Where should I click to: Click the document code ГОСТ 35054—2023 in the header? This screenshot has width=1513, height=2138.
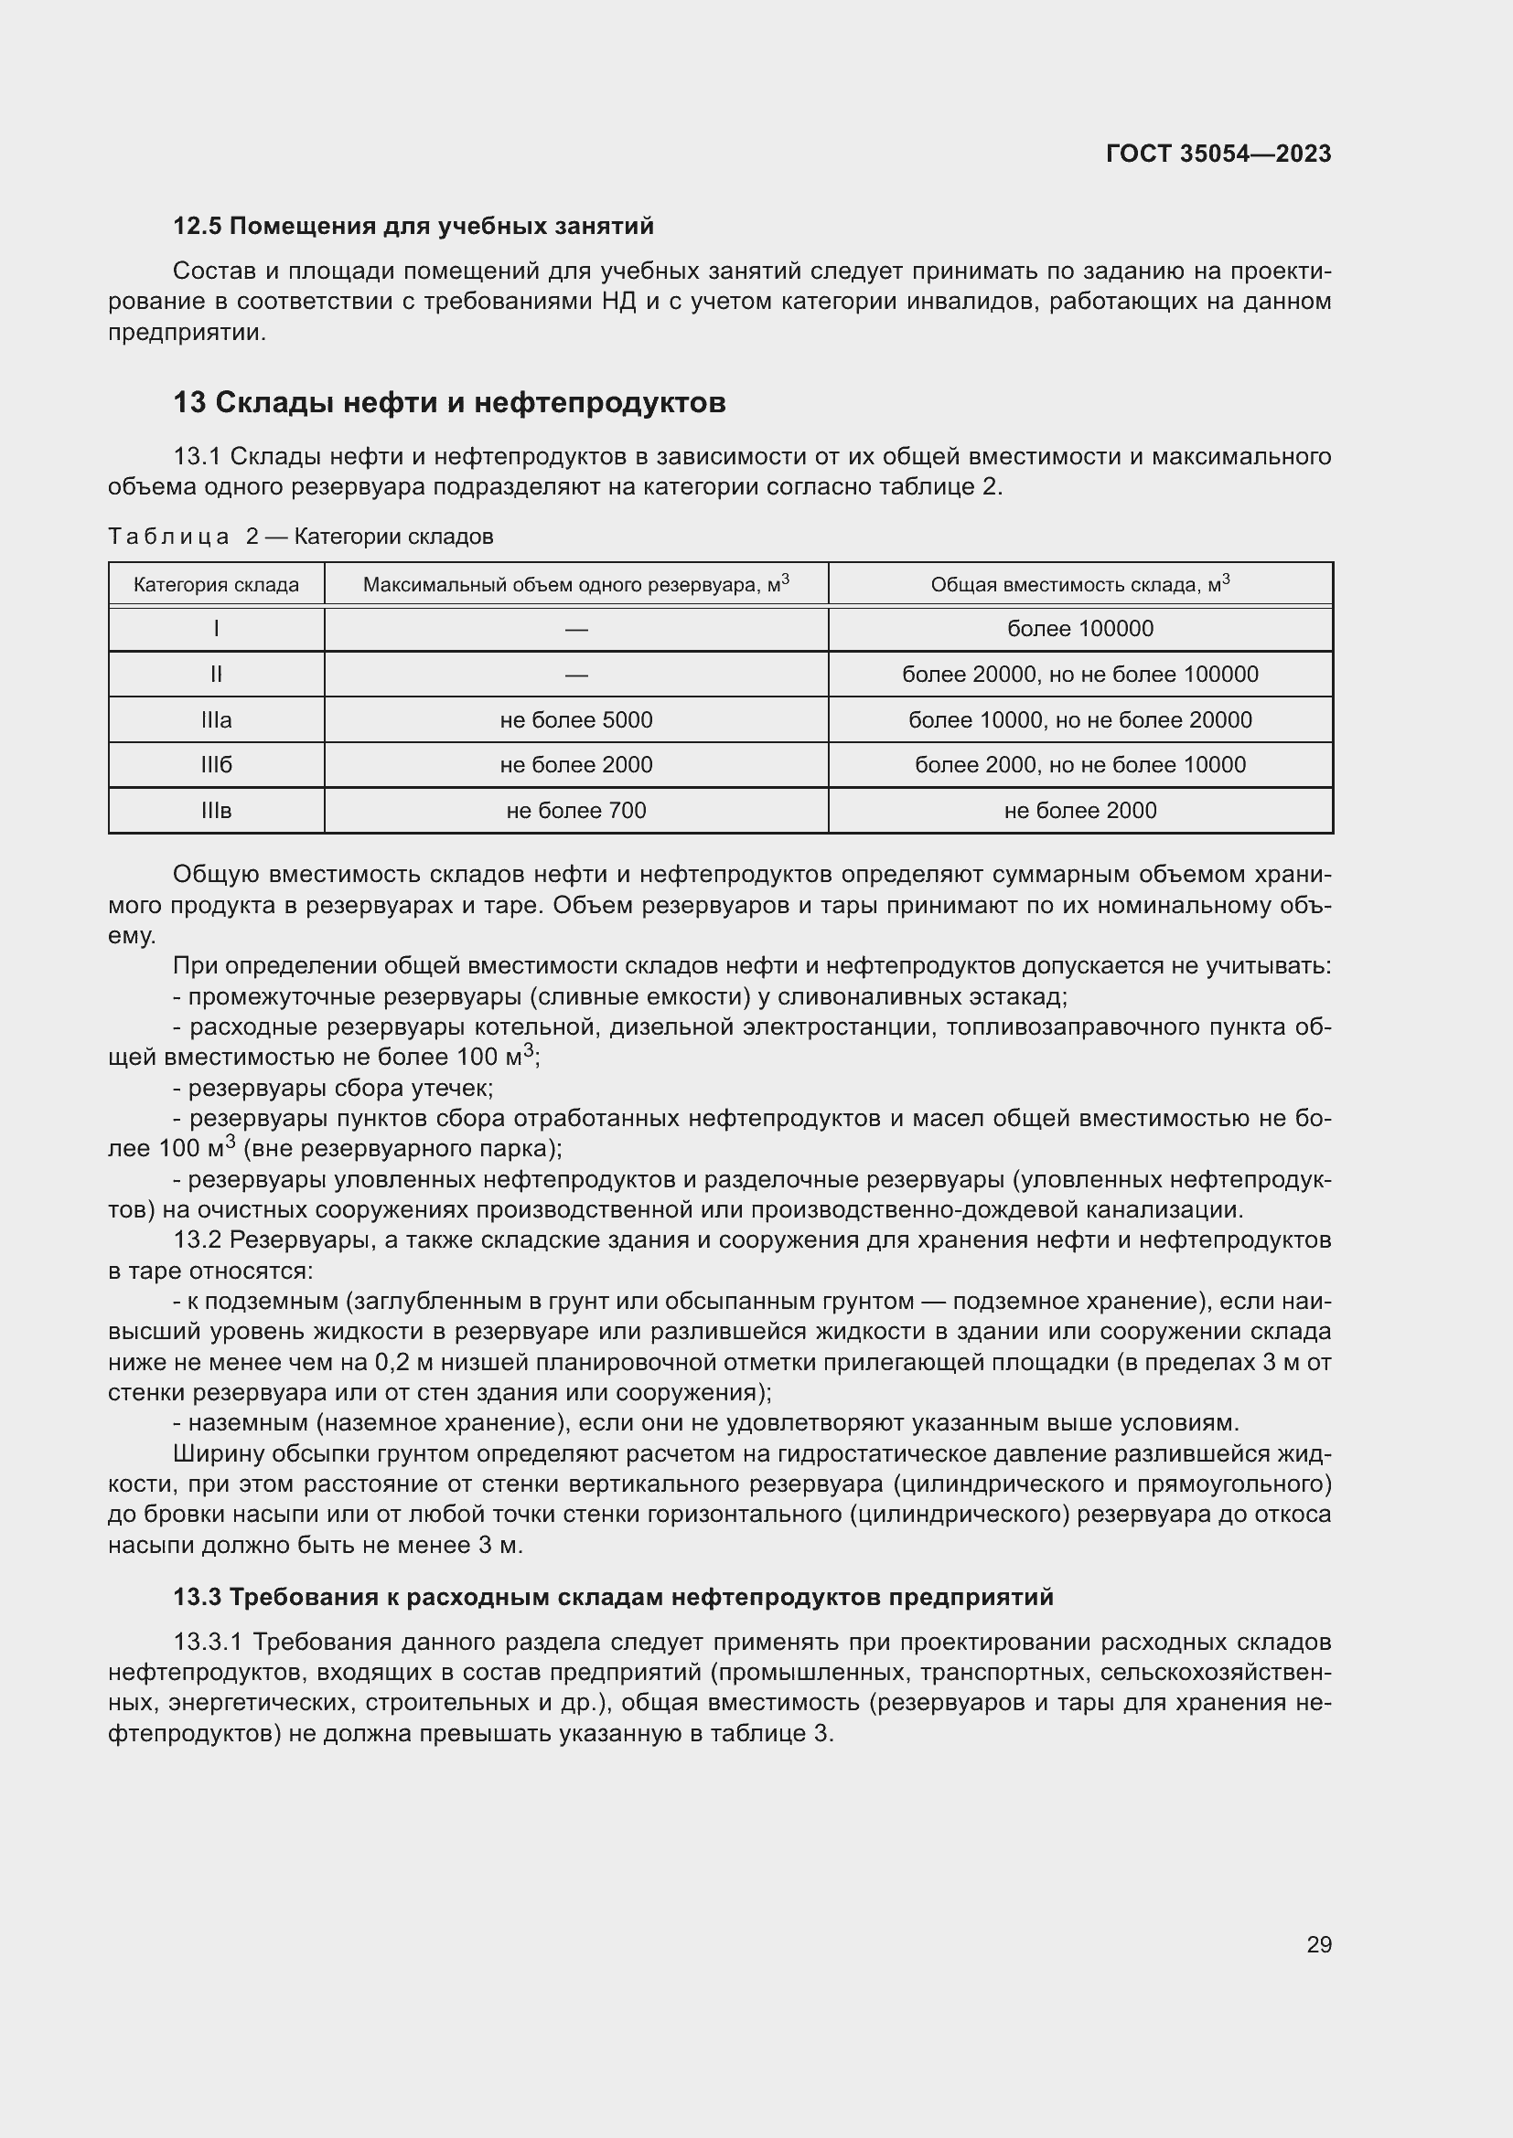coord(1218,154)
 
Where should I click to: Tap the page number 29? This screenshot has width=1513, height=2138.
coord(1318,1944)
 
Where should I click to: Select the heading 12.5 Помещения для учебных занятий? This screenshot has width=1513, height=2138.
coord(413,227)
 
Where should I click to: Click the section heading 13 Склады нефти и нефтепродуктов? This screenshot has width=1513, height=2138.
coord(449,402)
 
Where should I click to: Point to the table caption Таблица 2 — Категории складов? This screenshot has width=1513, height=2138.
coord(300,537)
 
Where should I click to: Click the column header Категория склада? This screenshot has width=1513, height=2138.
coord(216,585)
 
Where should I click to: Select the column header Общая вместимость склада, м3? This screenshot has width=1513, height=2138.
coord(1079,585)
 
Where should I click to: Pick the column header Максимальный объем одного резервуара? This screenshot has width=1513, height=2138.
coord(575,585)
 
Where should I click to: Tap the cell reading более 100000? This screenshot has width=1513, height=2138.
coord(1079,629)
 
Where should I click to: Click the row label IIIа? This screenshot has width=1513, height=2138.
coord(216,719)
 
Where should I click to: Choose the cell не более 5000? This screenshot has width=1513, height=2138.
coord(575,719)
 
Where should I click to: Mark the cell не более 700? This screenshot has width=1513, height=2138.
coord(575,810)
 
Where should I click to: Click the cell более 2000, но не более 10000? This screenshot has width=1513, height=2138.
coord(1079,764)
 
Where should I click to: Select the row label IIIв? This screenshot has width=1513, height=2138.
coord(216,810)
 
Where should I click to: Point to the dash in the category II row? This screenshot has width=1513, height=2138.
coord(575,675)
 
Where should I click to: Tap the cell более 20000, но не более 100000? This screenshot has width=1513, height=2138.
coord(1079,675)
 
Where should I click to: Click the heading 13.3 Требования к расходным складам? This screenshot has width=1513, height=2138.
coord(613,1597)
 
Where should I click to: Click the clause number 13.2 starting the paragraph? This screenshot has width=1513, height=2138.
coord(197,1240)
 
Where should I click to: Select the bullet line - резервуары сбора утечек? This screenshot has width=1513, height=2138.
coord(334,1088)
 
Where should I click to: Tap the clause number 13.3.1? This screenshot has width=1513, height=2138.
coord(209,1642)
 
